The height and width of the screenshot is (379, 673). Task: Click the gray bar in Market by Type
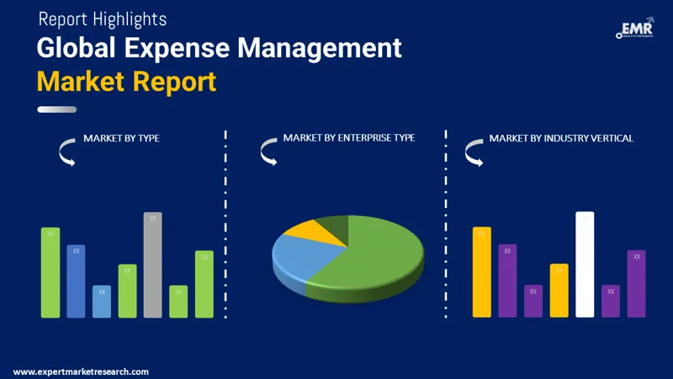point(152,265)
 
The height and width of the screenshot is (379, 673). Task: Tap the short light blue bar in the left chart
point(102,302)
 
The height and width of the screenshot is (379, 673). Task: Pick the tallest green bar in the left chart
point(50,273)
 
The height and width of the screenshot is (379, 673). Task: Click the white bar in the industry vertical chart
point(585,265)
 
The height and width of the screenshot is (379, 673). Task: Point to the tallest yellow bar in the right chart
point(481,273)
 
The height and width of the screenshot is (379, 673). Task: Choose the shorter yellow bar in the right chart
point(559,291)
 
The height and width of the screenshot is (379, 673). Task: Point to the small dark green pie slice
point(335,224)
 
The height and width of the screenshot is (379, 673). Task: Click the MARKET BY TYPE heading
point(121,138)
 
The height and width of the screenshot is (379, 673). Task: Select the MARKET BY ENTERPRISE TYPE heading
point(348,137)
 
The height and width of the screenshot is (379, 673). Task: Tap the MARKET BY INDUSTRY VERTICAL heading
point(561,138)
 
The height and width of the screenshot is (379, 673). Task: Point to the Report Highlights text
point(103,19)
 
